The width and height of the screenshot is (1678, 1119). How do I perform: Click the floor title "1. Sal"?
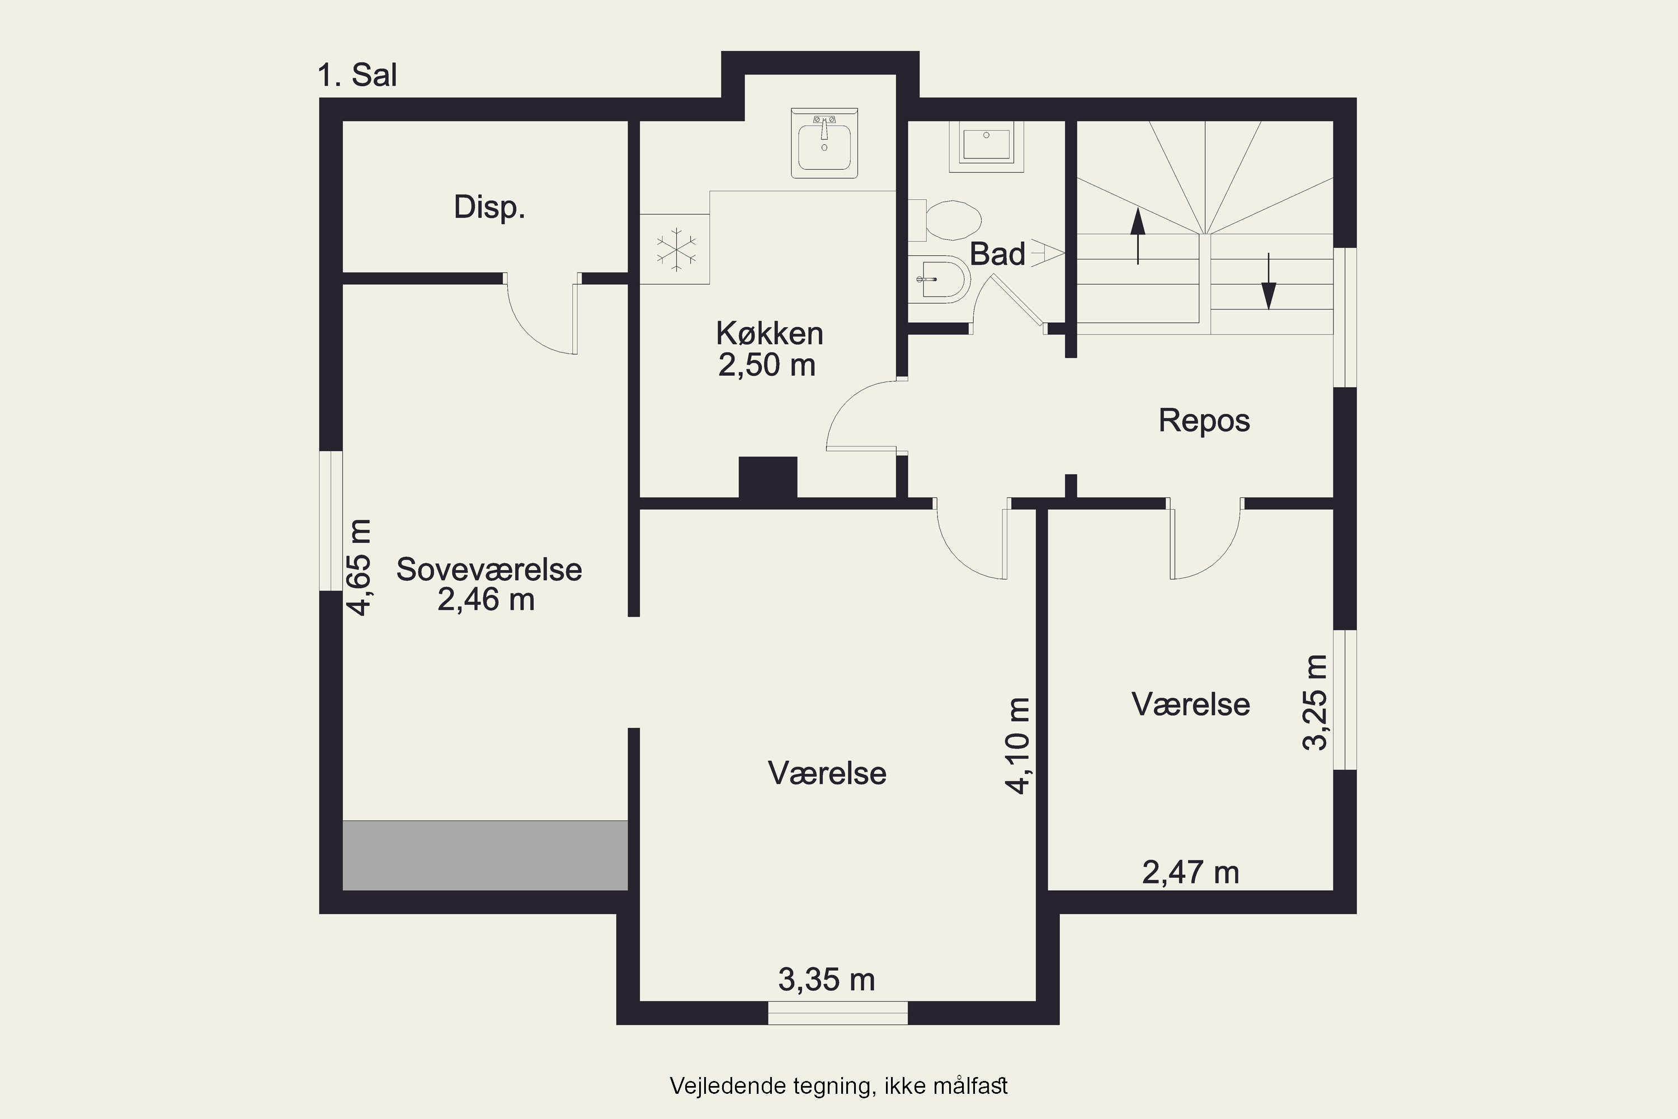tap(357, 76)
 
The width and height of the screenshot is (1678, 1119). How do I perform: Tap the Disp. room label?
tap(489, 208)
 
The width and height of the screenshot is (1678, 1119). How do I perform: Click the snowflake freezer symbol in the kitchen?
tap(676, 250)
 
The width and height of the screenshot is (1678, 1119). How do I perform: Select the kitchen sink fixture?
tap(824, 143)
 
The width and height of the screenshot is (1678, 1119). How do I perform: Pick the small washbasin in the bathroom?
tap(987, 146)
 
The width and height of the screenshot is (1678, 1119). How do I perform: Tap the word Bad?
tap(997, 254)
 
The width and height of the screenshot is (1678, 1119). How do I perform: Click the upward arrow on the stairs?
tap(1138, 236)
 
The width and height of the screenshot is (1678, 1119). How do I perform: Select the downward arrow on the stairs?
tap(1269, 281)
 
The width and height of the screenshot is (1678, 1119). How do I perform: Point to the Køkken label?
tap(770, 333)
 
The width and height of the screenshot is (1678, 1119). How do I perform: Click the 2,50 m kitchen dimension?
tap(767, 365)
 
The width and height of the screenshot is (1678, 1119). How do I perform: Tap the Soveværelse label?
tap(489, 570)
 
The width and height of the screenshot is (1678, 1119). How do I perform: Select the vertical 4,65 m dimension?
tap(359, 567)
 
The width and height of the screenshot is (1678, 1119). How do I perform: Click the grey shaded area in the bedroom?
tap(485, 855)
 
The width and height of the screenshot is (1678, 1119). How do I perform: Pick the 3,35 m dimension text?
tap(826, 980)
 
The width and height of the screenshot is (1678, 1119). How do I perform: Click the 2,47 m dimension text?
tap(1191, 873)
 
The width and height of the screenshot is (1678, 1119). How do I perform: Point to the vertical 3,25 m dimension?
tap(1315, 702)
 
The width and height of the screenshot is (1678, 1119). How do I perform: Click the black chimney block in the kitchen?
tap(767, 477)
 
